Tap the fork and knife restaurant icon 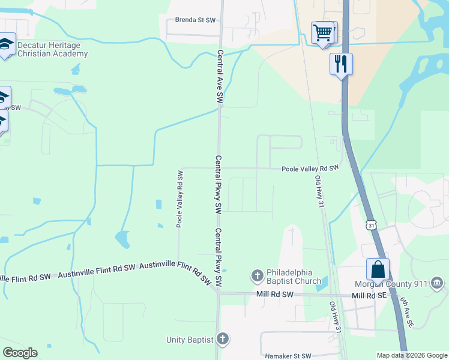point(341,64)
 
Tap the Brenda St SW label point(195,20)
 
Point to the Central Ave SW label point(220,75)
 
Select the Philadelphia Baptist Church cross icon point(257,276)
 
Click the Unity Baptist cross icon point(223,340)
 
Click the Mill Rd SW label point(274,295)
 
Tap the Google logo point(20,353)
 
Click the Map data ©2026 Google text point(411,355)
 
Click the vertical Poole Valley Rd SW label point(179,199)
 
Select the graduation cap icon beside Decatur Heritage point(7,44)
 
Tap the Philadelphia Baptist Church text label point(294,276)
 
